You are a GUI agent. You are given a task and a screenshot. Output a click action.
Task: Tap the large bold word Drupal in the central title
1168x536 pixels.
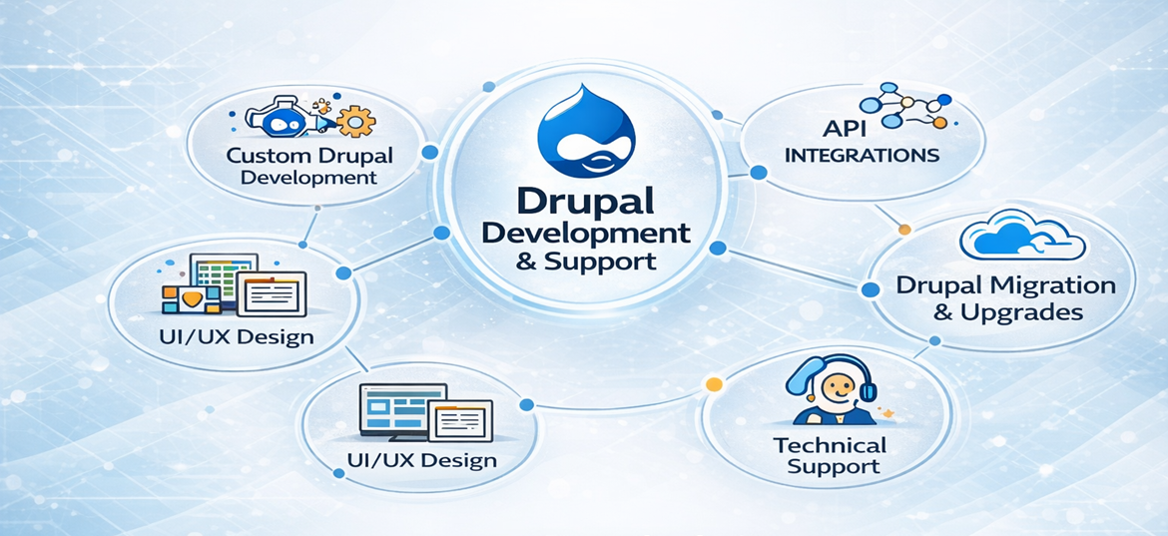[x=584, y=201]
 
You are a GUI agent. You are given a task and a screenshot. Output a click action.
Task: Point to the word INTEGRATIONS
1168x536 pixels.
[x=863, y=156]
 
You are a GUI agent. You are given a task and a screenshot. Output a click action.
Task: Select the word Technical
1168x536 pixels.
[x=829, y=445]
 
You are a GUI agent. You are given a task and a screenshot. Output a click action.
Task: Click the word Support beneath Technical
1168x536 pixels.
[x=833, y=466]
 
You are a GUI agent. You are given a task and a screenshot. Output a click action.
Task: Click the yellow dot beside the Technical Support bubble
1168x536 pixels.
[x=713, y=384]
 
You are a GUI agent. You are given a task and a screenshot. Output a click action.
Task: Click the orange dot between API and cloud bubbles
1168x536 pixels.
[x=904, y=230]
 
